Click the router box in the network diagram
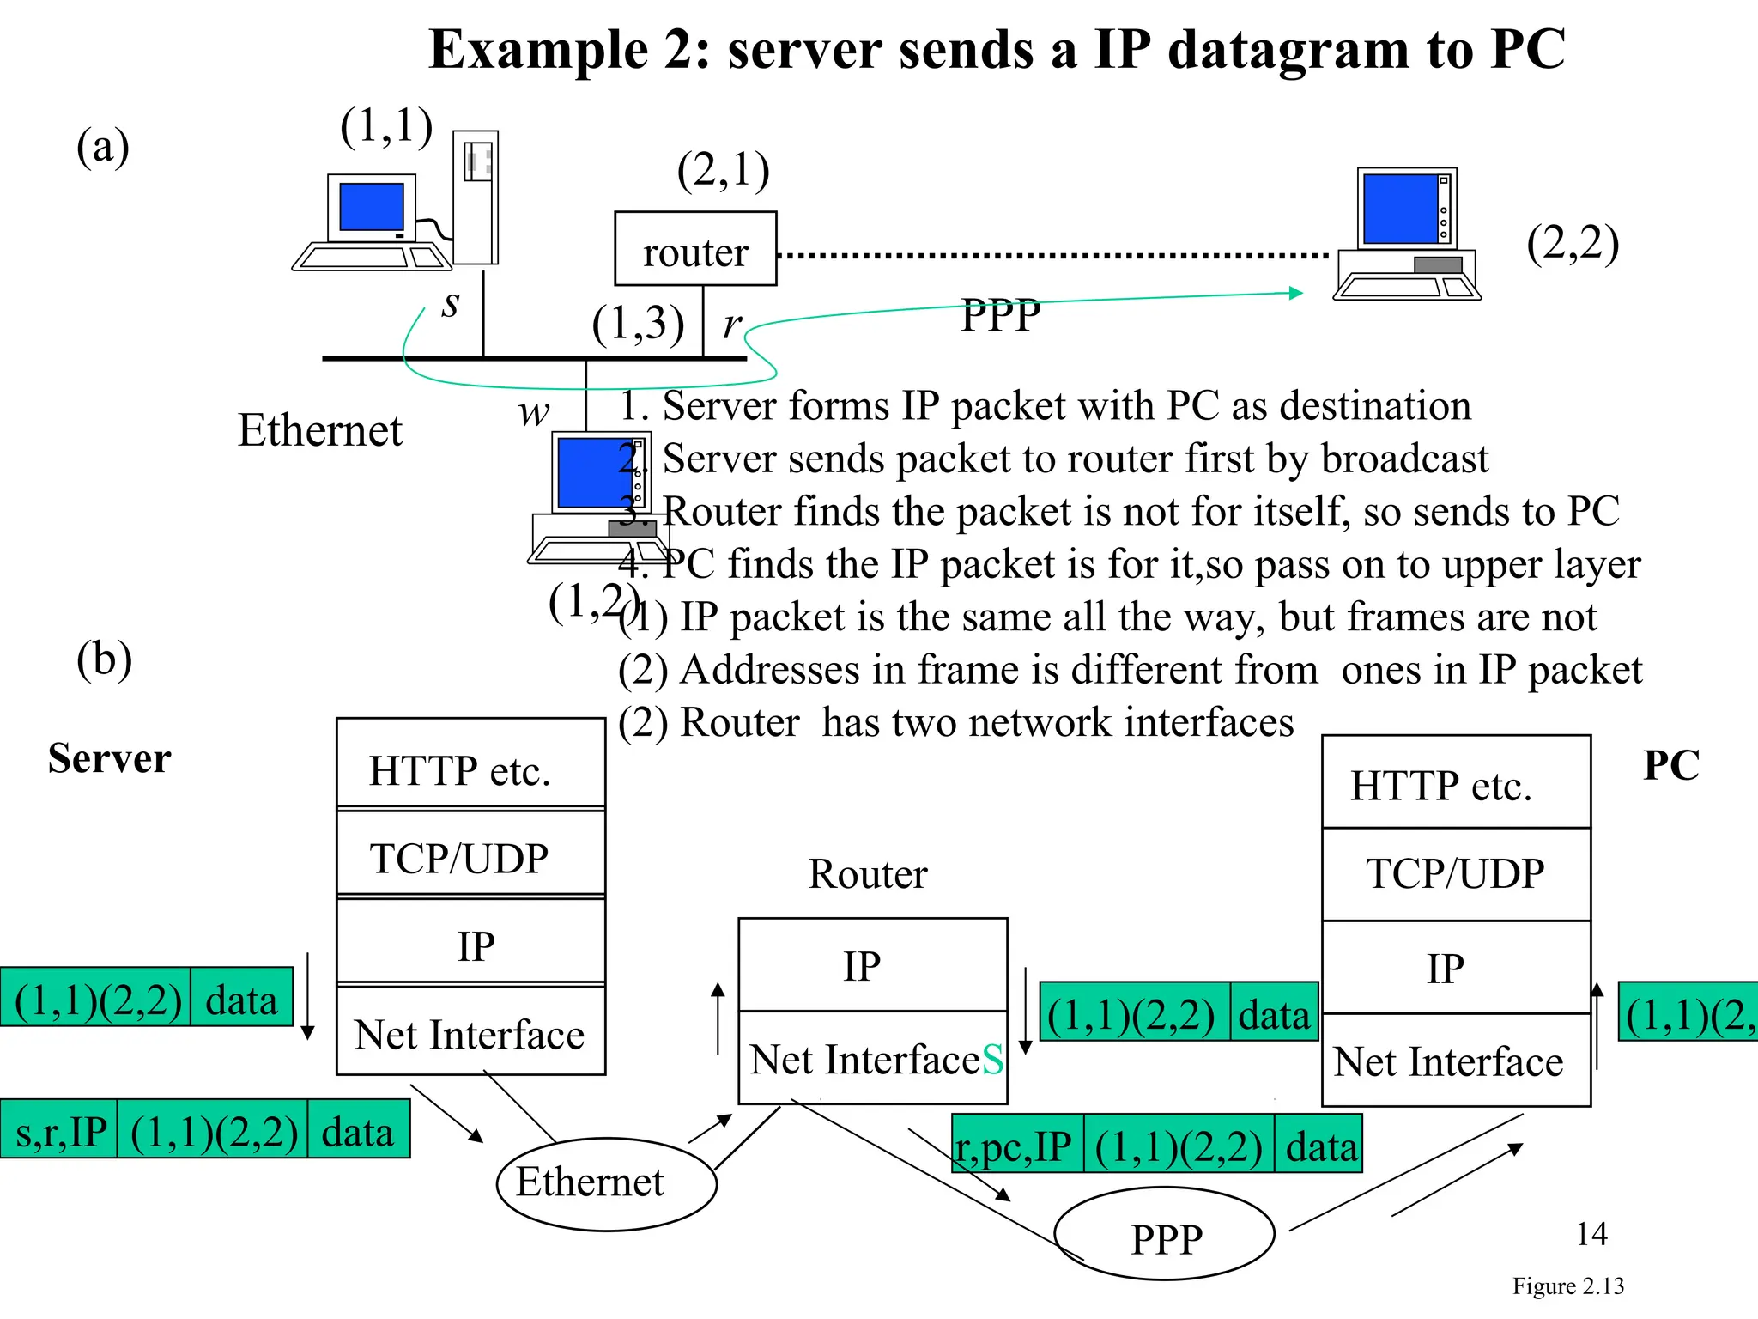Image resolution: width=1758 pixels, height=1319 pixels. coord(695,249)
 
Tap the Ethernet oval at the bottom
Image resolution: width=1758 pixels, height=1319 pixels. coord(606,1183)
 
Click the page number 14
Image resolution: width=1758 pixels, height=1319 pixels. coord(1591,1235)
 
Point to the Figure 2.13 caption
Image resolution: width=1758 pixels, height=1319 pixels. coord(1567,1286)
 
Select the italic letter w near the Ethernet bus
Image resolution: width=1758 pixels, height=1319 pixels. coord(533,413)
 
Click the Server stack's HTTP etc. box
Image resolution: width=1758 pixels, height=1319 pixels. coord(470,764)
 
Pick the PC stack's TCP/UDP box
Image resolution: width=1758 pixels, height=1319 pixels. coord(1456,874)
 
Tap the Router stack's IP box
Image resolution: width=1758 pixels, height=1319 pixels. coord(872,965)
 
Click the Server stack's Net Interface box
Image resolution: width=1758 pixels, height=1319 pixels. coord(470,1030)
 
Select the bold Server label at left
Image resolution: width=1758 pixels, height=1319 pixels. coord(109,759)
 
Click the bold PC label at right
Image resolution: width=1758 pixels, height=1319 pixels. coord(1670,764)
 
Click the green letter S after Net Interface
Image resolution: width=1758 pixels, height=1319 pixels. coord(992,1060)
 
